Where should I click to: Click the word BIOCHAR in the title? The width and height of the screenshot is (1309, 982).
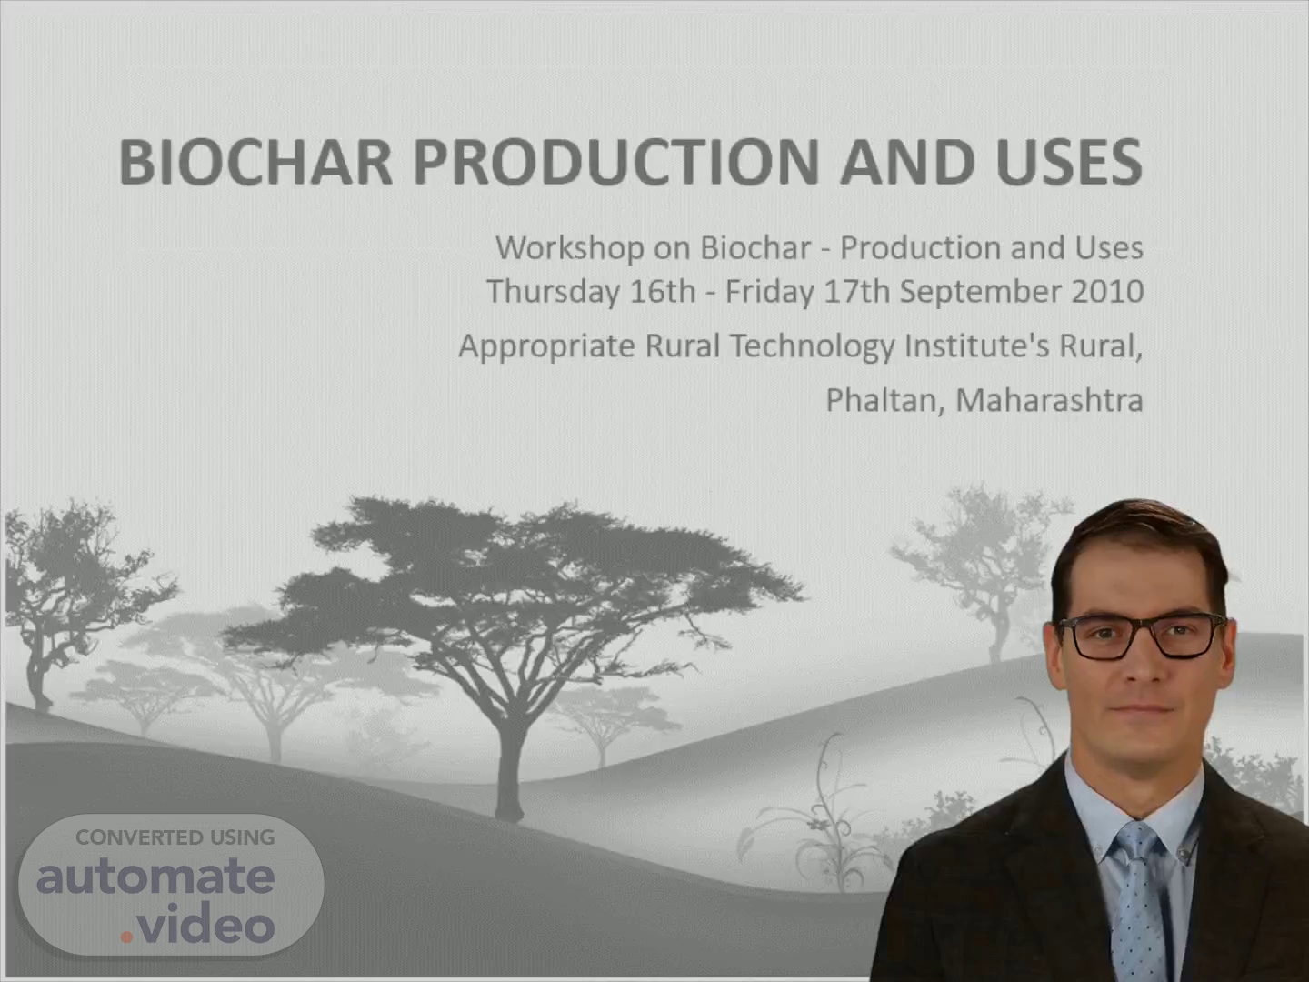[255, 162]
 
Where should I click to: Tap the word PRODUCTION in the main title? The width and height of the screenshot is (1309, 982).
[616, 162]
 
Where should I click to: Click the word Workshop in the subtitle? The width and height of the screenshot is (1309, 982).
[570, 247]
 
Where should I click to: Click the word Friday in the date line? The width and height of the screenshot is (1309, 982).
[769, 292]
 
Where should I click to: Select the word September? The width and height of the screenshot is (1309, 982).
[981, 293]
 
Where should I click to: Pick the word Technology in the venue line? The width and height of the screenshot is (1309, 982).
[813, 347]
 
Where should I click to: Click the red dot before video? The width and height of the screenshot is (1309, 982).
[126, 937]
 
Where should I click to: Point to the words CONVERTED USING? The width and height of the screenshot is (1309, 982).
[175, 837]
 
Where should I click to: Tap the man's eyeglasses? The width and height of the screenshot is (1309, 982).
[1140, 636]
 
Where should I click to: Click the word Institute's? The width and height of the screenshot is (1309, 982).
[976, 346]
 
